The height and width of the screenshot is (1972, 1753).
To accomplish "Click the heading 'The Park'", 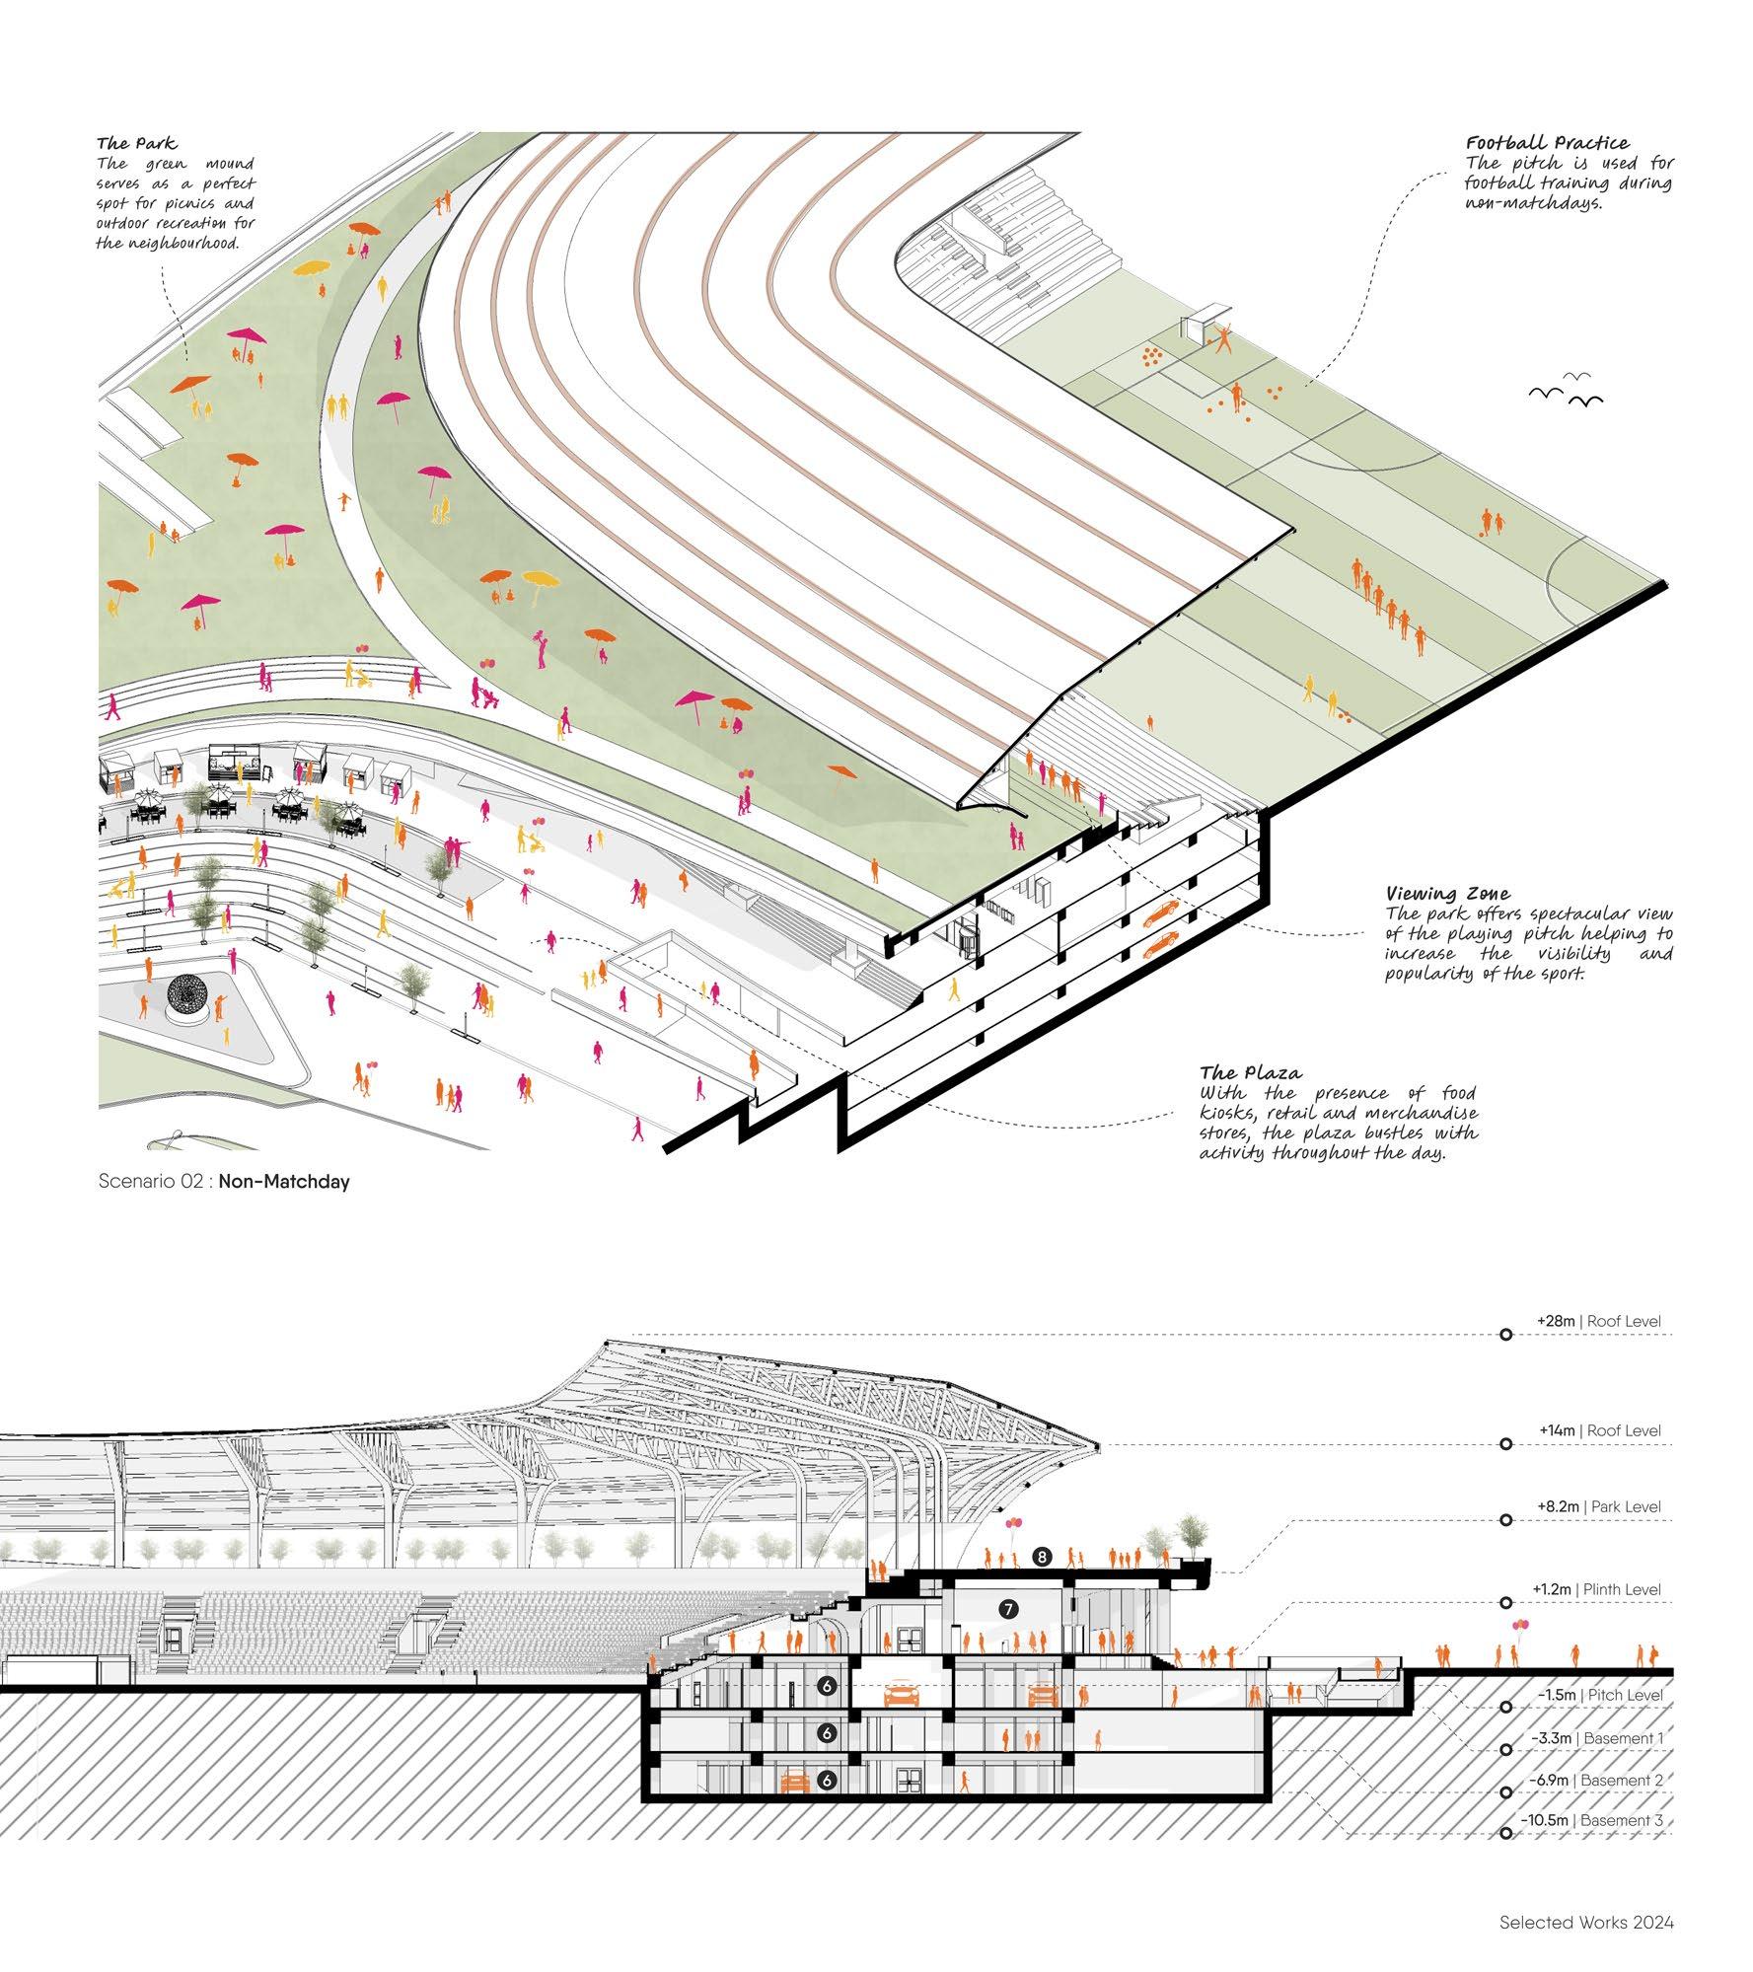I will point(137,144).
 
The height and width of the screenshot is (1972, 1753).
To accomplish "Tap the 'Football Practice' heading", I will point(1547,143).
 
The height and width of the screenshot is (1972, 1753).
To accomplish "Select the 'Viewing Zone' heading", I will point(1433,894).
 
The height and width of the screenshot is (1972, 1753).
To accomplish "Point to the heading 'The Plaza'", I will point(1250,1072).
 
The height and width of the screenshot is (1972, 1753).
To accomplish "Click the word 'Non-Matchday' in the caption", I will point(284,1181).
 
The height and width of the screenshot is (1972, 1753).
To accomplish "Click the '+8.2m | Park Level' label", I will point(1598,1506).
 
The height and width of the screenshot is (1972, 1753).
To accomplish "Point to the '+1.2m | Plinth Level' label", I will point(1595,1589).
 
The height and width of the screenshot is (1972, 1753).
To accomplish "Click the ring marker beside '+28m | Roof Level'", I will point(1506,1335).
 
